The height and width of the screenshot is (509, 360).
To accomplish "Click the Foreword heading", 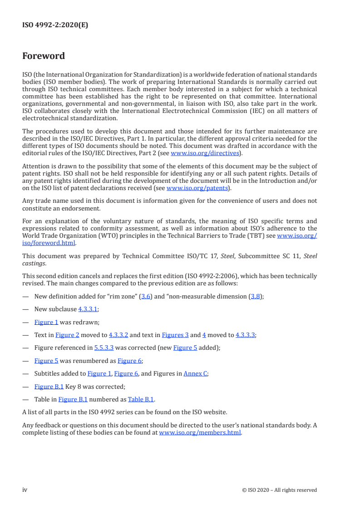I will point(44,56).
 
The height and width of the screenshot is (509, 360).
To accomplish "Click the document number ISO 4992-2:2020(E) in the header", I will point(55,25).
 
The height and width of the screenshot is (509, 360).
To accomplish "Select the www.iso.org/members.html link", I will point(200,433).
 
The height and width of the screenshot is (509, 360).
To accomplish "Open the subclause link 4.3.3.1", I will point(88,309).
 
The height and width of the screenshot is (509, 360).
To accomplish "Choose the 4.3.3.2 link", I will point(118,335).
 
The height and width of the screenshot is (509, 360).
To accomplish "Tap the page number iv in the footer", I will point(25,489).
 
